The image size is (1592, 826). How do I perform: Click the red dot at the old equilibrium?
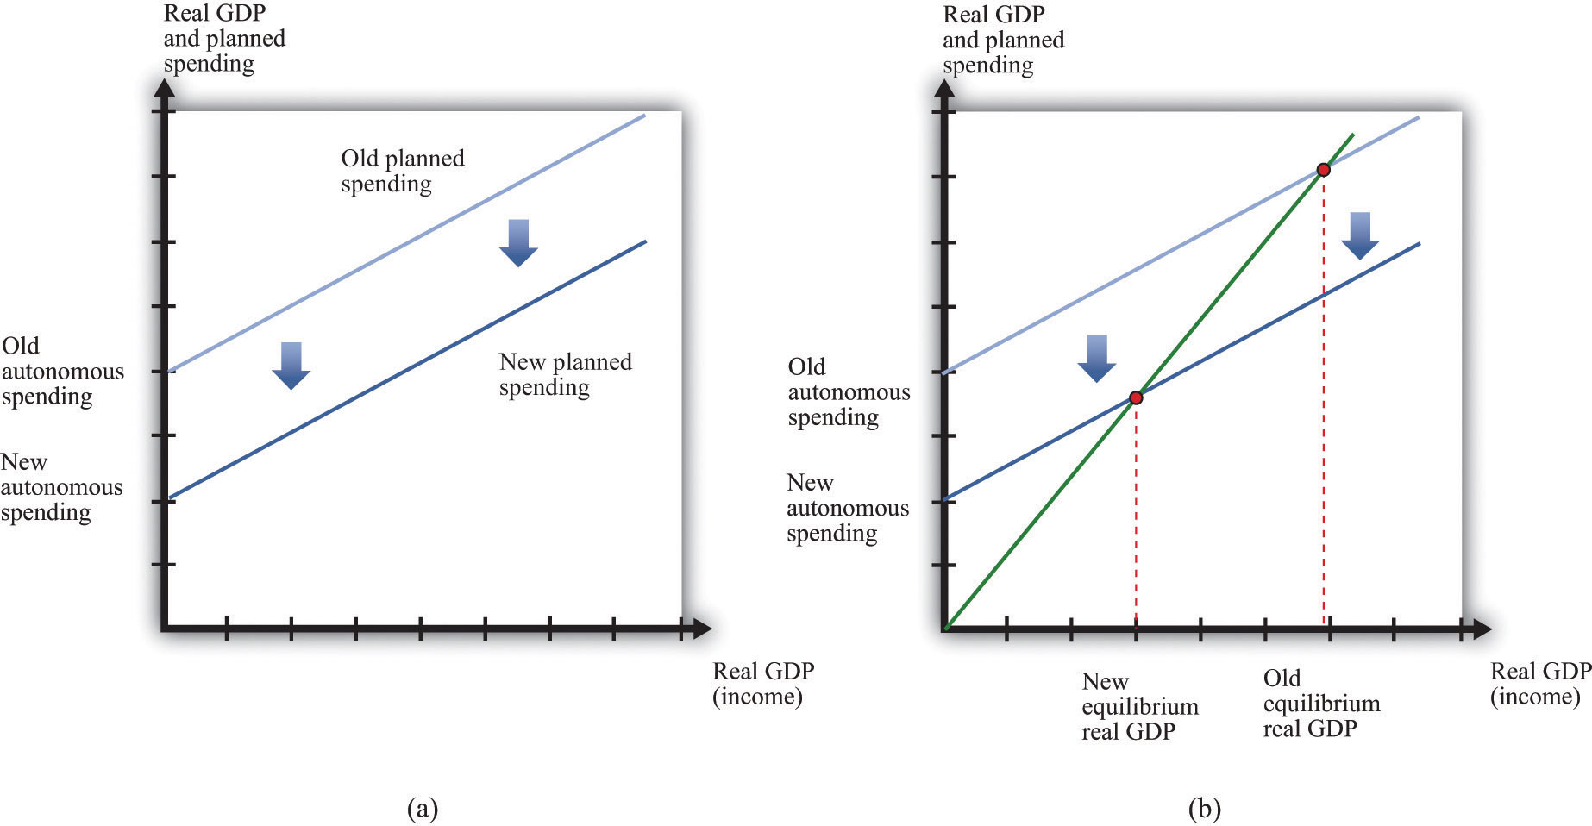(x=1324, y=170)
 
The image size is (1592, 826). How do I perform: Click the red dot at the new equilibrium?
(x=1136, y=397)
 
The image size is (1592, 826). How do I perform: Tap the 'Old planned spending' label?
(x=403, y=171)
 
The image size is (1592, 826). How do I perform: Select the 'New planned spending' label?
(x=565, y=374)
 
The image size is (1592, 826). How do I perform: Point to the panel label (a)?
(x=422, y=809)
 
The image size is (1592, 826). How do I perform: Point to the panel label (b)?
(x=1204, y=809)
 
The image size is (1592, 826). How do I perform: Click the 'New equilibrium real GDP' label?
(x=1140, y=706)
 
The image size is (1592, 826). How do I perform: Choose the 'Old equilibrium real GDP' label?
(x=1321, y=704)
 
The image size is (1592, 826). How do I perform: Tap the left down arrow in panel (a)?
(x=291, y=366)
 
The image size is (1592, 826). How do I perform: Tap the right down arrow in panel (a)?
(x=518, y=243)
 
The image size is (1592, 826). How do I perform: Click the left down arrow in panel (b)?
(x=1097, y=359)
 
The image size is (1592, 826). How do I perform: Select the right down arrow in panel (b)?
(x=1360, y=235)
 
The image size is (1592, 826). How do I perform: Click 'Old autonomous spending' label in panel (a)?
(x=62, y=372)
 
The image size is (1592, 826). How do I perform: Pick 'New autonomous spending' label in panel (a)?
(x=61, y=487)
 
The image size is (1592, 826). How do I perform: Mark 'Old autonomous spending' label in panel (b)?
(x=849, y=392)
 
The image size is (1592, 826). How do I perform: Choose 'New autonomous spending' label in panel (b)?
(x=848, y=508)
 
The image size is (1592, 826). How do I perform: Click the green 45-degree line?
(x=1150, y=381)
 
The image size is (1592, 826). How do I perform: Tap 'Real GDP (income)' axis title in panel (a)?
(x=763, y=684)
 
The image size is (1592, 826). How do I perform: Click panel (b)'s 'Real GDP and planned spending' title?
(x=1003, y=40)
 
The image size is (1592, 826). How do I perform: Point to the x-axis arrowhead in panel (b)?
(x=1481, y=629)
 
